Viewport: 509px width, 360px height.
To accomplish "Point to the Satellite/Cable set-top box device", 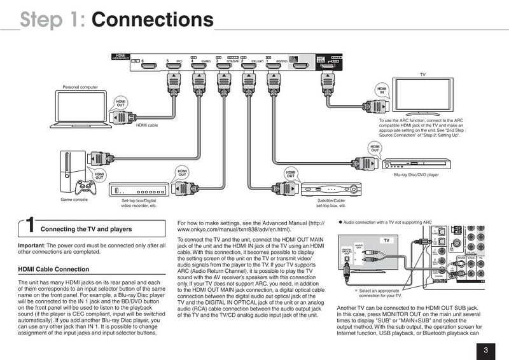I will [331, 190].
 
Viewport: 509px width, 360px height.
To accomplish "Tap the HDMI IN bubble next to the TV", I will [382, 90].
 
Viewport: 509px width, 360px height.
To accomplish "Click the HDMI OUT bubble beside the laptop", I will [121, 104].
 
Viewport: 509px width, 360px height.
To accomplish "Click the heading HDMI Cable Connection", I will [54, 269].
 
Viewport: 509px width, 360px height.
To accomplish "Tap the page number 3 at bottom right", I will [485, 349].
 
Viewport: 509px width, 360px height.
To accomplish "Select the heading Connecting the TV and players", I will [87, 229].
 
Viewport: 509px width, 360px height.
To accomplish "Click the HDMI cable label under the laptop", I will [147, 125].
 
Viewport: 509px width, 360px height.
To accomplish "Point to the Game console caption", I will [75, 200].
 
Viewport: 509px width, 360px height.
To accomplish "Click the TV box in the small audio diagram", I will [386, 240].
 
